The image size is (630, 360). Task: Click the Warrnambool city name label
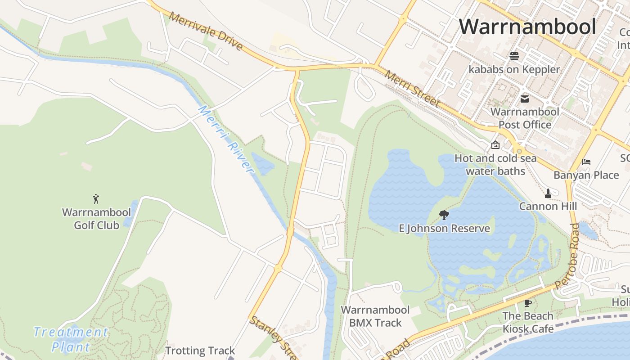[527, 27]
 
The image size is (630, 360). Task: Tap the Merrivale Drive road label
[206, 31]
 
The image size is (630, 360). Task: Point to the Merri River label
[226, 139]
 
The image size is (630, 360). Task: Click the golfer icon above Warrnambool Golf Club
[96, 198]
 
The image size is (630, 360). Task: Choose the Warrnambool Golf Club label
[96, 219]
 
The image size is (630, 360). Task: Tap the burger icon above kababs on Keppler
[514, 56]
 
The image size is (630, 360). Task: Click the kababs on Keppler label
[514, 69]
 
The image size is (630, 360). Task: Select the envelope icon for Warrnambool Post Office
[525, 99]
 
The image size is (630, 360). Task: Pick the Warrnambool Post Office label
[525, 118]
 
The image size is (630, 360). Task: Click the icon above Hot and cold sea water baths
[495, 145]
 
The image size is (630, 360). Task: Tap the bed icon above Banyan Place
[586, 162]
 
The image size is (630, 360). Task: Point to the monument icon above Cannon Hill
[548, 193]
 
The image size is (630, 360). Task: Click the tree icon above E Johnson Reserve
[444, 215]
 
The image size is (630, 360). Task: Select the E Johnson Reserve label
[445, 228]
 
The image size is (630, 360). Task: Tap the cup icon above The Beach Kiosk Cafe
[528, 303]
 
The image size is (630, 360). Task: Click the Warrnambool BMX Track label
[375, 316]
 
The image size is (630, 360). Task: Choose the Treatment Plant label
[71, 339]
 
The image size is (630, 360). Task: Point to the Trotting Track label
[200, 351]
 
